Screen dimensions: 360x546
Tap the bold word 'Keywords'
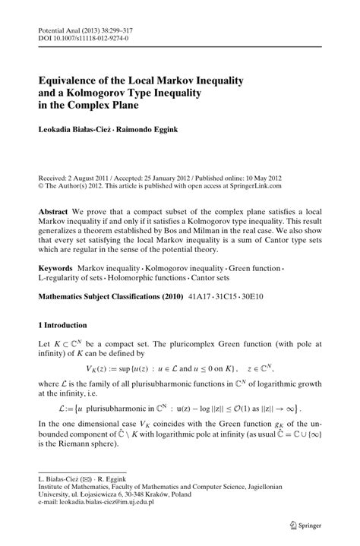55,269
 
